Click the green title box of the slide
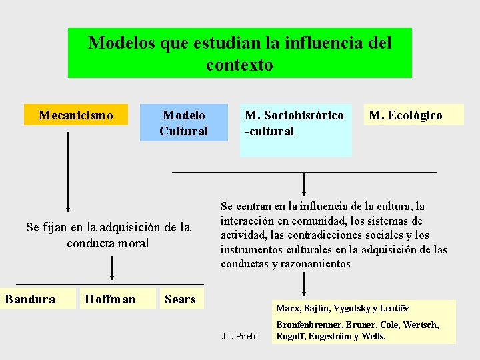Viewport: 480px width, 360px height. click(240, 53)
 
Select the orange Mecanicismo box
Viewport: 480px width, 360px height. click(75, 115)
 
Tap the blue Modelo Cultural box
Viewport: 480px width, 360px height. click(183, 123)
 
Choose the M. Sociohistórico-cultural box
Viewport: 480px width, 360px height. click(295, 130)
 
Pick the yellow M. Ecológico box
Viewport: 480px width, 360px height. click(405, 115)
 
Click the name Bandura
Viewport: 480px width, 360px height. click(30, 299)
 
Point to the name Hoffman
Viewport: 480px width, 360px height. click(110, 299)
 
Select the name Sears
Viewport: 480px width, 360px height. click(180, 299)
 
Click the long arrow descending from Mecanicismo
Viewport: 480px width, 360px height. click(68, 173)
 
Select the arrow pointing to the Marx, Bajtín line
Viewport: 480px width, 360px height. click(304, 283)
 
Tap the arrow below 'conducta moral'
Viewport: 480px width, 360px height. click(112, 267)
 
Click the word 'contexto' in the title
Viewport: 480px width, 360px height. click(239, 65)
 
